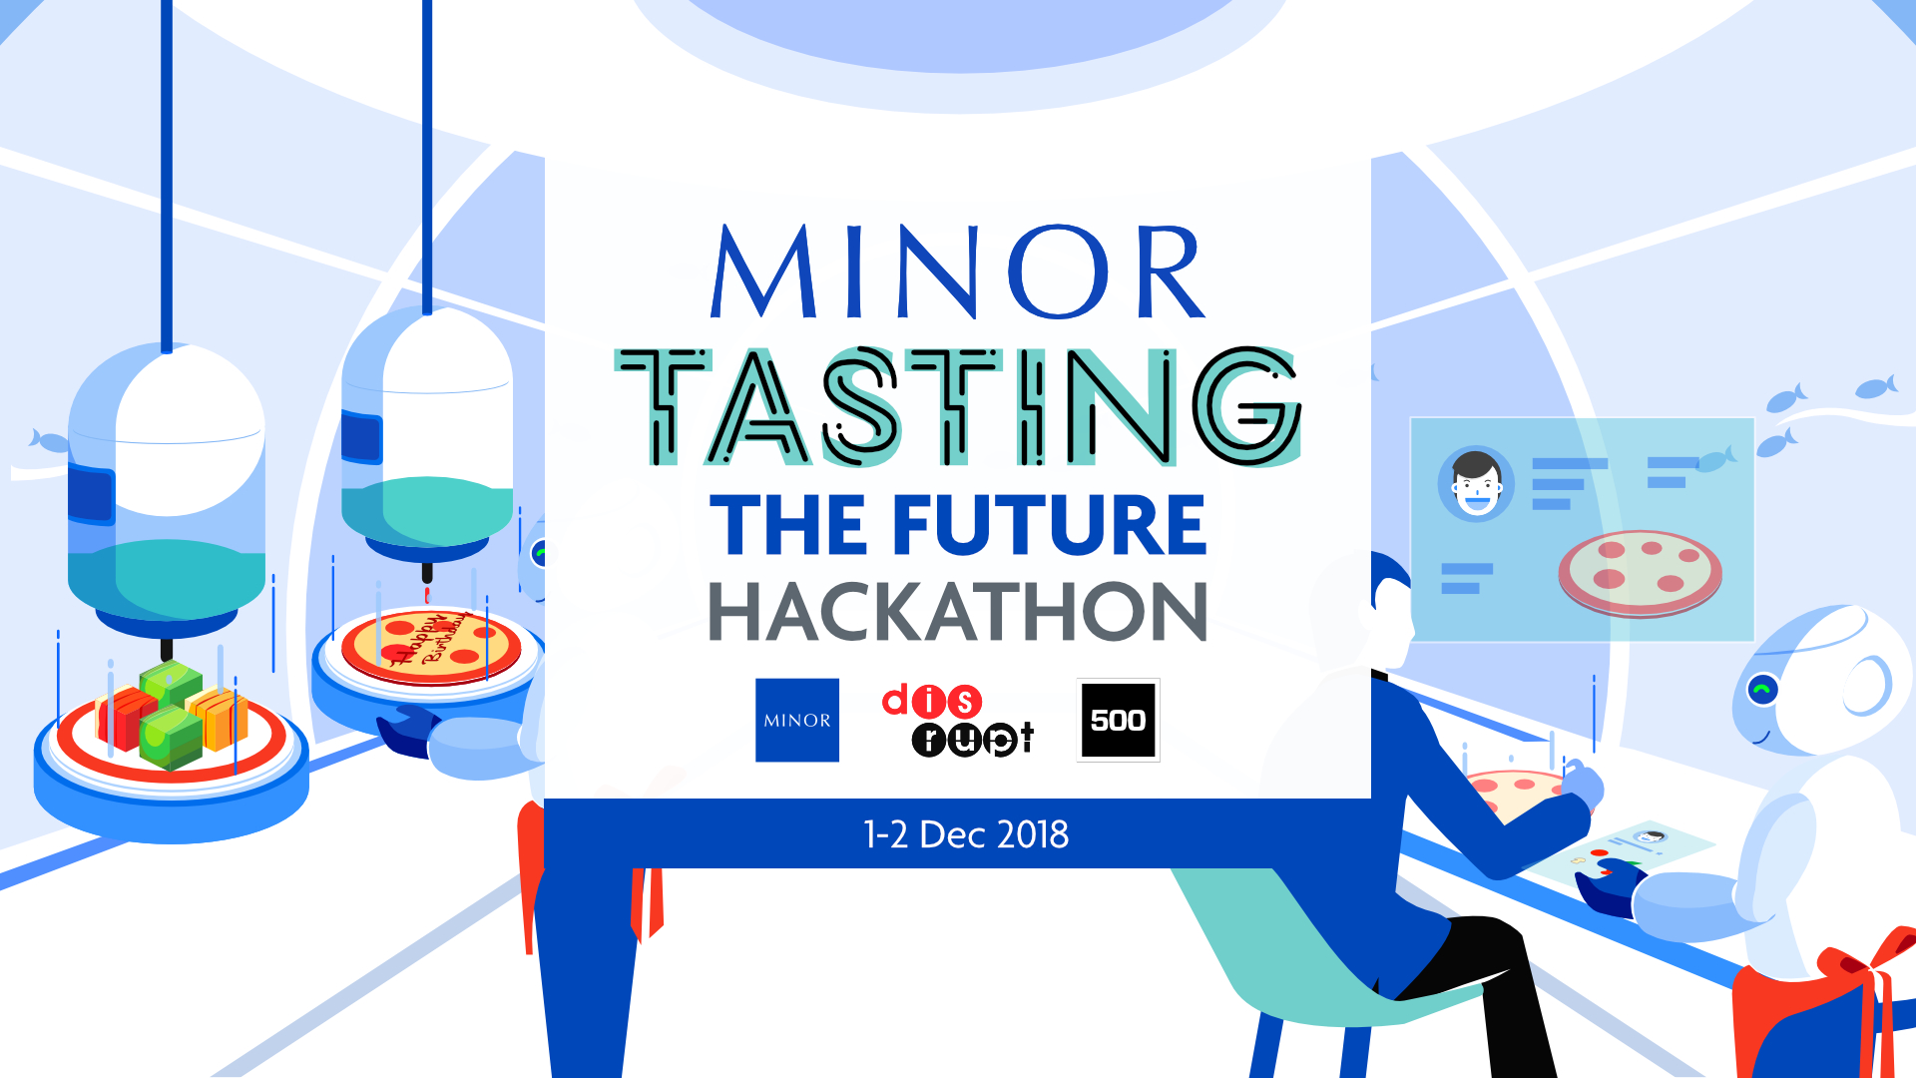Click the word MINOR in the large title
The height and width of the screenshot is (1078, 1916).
point(958,270)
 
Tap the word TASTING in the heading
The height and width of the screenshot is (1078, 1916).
point(958,406)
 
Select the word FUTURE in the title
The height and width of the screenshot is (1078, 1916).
point(1050,525)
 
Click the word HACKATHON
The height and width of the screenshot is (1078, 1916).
point(958,611)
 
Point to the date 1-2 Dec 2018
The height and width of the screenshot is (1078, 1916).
point(965,834)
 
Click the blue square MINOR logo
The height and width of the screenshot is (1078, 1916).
point(797,720)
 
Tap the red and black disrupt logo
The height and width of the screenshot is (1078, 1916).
point(958,720)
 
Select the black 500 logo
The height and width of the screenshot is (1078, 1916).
point(1118,720)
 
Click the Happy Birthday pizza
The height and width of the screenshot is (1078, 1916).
point(431,646)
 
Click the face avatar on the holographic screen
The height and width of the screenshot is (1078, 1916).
point(1476,483)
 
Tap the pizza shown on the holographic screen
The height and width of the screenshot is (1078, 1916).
point(1641,573)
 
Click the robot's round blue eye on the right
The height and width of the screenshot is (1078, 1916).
point(1763,690)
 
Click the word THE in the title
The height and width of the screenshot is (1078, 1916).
point(789,525)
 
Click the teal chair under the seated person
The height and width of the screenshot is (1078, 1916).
point(1297,958)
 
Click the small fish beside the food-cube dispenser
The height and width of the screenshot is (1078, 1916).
point(49,440)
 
